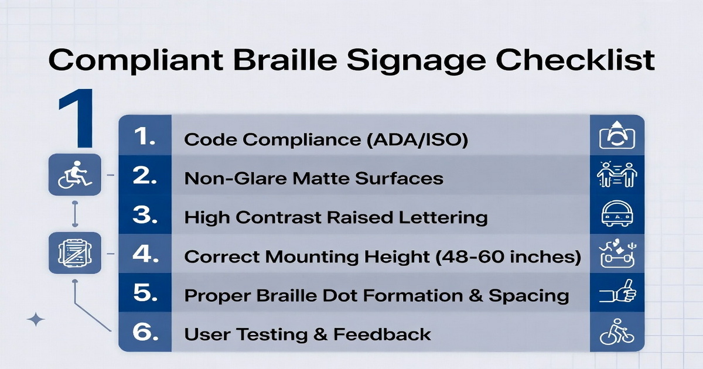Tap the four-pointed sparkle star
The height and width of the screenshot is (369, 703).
[36, 320]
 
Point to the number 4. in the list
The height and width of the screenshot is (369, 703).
[145, 256]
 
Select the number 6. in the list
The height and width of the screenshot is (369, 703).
[145, 334]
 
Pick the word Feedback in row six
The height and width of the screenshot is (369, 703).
[383, 334]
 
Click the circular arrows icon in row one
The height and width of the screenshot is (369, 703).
[617, 136]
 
